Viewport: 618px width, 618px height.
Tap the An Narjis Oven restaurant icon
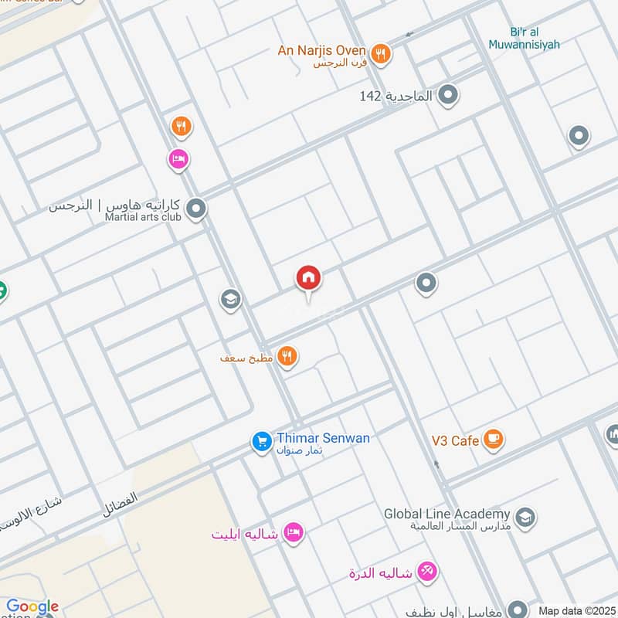click(x=379, y=54)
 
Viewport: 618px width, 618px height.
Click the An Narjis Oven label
click(x=322, y=51)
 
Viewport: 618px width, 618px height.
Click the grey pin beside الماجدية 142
click(x=447, y=97)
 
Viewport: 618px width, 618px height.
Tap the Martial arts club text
click(x=143, y=217)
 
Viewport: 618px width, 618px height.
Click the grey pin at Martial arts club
click(x=196, y=209)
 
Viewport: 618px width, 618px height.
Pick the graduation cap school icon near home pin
click(x=230, y=299)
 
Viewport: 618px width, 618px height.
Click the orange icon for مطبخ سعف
click(x=287, y=356)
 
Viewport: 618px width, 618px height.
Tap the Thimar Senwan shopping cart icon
click(x=262, y=441)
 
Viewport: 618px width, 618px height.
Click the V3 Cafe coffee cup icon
click(x=493, y=440)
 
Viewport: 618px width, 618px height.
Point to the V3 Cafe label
click(x=455, y=440)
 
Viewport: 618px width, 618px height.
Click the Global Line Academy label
click(x=447, y=514)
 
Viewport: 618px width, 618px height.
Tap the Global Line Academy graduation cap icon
click(x=525, y=517)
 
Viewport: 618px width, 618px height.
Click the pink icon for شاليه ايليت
click(x=293, y=532)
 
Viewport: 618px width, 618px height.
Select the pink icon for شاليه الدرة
click(x=426, y=572)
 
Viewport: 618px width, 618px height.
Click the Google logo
click(x=32, y=607)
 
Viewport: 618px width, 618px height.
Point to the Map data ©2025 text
click(x=576, y=610)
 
